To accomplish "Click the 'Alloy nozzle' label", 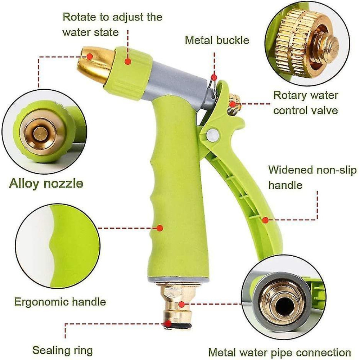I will coord(46,183).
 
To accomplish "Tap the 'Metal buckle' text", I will coord(217,40).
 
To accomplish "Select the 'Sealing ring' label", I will coord(63,350).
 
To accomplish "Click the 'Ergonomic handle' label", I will coord(60,301).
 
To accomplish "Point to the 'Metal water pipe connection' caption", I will coord(280,352).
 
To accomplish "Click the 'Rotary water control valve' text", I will coord(306,103).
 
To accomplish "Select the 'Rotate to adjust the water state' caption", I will coord(112,24).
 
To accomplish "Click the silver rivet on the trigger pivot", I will coord(212,135).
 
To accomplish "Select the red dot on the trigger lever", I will coord(265,219).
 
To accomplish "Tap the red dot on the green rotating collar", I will coord(127,62).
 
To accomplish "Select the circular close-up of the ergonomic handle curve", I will coord(58,245).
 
